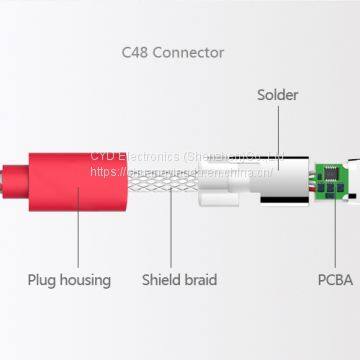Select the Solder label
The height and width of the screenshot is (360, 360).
tap(277, 95)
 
